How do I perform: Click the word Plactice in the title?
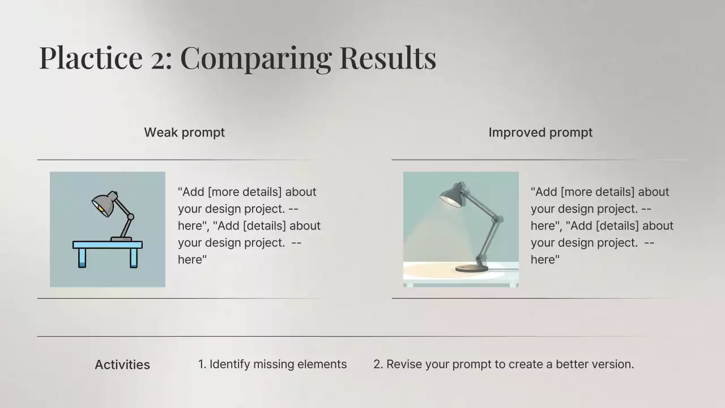pyautogui.click(x=91, y=58)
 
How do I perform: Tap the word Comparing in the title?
pyautogui.click(x=256, y=59)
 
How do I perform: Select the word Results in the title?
pyautogui.click(x=388, y=58)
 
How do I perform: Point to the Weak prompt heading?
pyautogui.click(x=185, y=133)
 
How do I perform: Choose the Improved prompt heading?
pyautogui.click(x=540, y=133)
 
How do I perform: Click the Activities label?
pyautogui.click(x=122, y=364)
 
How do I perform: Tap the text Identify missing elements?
pyautogui.click(x=278, y=364)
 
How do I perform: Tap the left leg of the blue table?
pyautogui.click(x=82, y=258)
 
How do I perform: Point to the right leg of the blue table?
pyautogui.click(x=134, y=258)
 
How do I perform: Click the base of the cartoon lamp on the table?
pyautogui.click(x=121, y=239)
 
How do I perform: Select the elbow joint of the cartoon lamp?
pyautogui.click(x=131, y=216)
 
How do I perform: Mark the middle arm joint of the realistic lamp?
pyautogui.click(x=496, y=219)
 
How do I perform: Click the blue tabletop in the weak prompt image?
pyautogui.click(x=108, y=245)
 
